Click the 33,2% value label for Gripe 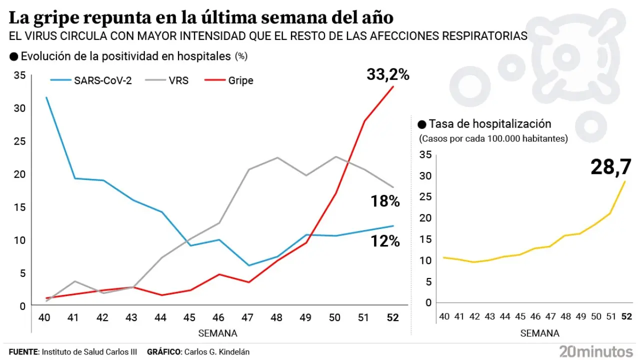(x=388, y=75)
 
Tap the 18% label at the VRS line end (x=385, y=201)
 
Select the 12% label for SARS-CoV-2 (x=385, y=241)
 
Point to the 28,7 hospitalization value (x=610, y=167)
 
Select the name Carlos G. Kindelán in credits (x=217, y=352)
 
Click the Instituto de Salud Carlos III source (x=89, y=352)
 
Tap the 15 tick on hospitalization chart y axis (x=426, y=239)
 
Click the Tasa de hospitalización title (x=489, y=124)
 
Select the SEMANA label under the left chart (x=217, y=333)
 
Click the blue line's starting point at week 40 (x=46, y=97)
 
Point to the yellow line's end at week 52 (x=625, y=181)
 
